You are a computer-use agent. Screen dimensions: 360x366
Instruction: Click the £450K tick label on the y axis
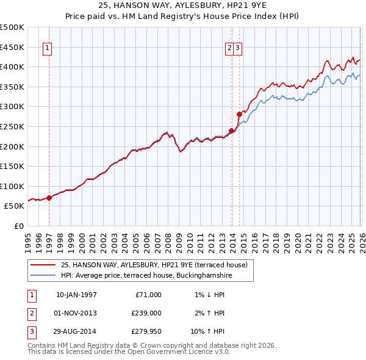12,47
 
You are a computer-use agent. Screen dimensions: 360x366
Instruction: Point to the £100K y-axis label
12,186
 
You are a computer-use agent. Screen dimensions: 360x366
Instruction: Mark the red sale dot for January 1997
49,198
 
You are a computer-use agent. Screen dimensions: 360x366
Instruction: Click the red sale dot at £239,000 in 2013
231,131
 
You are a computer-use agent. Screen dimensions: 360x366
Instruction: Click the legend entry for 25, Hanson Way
154,265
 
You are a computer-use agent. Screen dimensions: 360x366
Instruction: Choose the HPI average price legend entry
146,276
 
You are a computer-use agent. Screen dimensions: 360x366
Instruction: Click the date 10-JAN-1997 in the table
76,295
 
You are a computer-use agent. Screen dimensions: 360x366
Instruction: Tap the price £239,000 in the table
147,313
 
